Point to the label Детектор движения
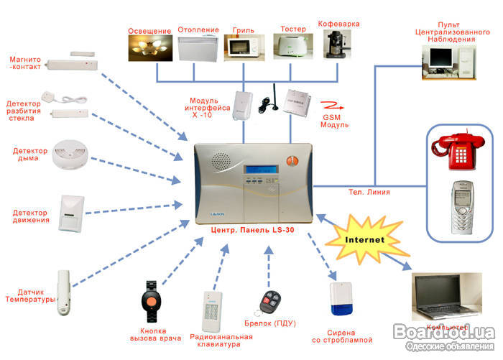[31, 216]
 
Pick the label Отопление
[197, 31]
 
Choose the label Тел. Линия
[370, 192]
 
